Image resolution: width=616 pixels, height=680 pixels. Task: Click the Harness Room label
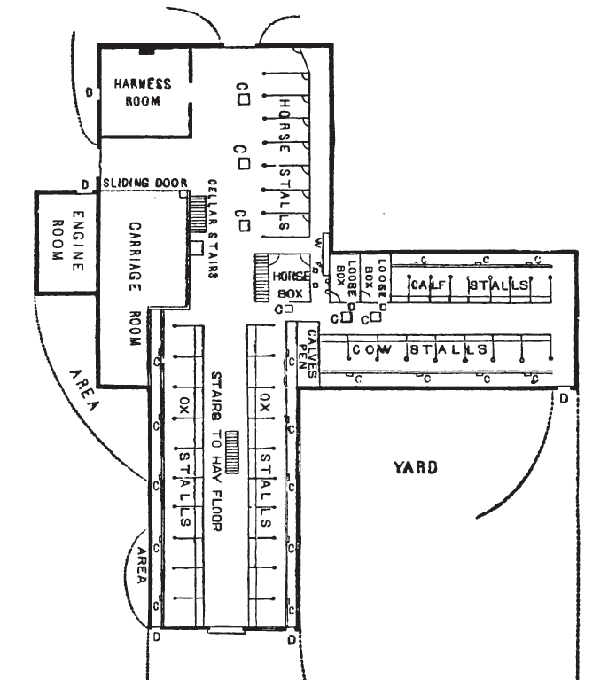click(142, 92)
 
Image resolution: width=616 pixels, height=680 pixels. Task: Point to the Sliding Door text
click(142, 184)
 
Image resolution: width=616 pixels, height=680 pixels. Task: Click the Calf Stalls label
click(470, 285)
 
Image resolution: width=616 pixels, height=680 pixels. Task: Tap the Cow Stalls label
click(420, 349)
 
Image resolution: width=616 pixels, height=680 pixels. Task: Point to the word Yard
click(416, 467)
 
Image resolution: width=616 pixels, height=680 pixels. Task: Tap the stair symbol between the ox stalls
click(233, 452)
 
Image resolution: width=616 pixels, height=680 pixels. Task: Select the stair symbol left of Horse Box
click(261, 278)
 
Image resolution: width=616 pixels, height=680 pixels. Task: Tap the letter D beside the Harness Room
click(89, 91)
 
